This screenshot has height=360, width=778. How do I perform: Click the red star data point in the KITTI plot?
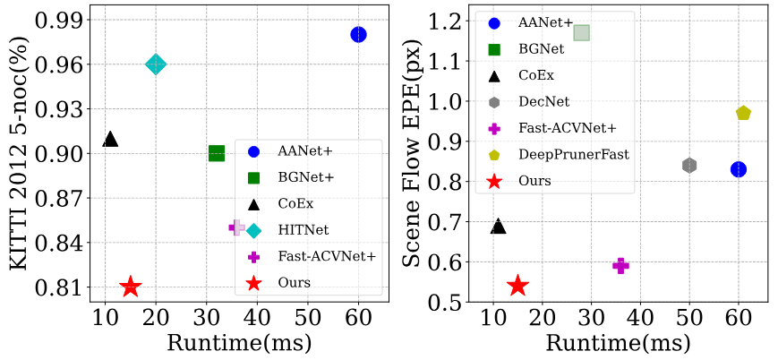[131, 287]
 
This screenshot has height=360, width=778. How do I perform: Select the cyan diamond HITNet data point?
[156, 64]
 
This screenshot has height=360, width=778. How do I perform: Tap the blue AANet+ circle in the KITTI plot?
[358, 34]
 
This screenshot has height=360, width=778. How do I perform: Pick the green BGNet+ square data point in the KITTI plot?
[217, 153]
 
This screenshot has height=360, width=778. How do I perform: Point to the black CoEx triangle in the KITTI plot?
[110, 139]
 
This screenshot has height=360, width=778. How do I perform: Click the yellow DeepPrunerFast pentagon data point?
[743, 113]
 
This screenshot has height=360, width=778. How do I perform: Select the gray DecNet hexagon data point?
[689, 165]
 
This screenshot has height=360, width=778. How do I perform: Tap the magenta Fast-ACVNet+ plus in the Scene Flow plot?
[620, 265]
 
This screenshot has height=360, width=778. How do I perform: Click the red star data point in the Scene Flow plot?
[517, 286]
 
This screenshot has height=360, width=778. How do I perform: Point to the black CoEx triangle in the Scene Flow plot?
[498, 227]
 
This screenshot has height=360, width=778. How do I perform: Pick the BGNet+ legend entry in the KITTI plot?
[305, 177]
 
